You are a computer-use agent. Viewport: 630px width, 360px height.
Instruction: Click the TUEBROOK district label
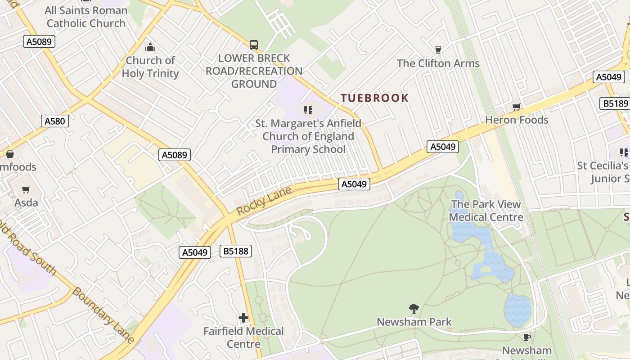(x=374, y=98)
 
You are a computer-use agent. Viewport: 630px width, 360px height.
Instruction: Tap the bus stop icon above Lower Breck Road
(x=254, y=45)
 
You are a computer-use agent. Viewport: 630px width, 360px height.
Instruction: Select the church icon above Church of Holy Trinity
(x=150, y=47)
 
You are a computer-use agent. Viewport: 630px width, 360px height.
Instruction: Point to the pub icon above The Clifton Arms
(x=438, y=50)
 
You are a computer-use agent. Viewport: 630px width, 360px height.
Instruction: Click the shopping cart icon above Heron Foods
(x=517, y=107)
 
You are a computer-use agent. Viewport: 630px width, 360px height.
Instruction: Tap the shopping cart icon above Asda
(x=26, y=190)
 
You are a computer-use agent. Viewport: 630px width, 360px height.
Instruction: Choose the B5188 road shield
(x=236, y=251)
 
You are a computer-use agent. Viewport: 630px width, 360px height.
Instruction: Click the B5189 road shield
(x=616, y=104)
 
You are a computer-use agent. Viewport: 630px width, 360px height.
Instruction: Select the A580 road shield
(x=55, y=121)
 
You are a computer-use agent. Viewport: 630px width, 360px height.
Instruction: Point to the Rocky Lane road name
(x=264, y=201)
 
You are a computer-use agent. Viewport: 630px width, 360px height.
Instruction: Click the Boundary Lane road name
(x=103, y=315)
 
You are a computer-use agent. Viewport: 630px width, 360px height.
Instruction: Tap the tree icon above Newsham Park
(x=414, y=309)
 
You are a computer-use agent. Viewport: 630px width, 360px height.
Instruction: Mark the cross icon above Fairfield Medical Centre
(x=243, y=318)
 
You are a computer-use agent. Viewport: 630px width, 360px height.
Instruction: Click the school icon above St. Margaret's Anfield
(x=308, y=110)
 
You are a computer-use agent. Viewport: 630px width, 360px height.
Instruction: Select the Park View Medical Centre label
(x=486, y=211)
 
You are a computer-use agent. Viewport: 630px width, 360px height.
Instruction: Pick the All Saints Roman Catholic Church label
(x=86, y=17)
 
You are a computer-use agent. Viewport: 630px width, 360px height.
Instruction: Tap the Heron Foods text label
(x=517, y=120)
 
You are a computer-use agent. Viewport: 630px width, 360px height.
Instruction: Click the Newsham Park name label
(x=414, y=322)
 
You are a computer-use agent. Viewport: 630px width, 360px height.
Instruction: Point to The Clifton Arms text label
(x=438, y=63)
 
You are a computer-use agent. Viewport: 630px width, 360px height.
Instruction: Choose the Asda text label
(x=26, y=203)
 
